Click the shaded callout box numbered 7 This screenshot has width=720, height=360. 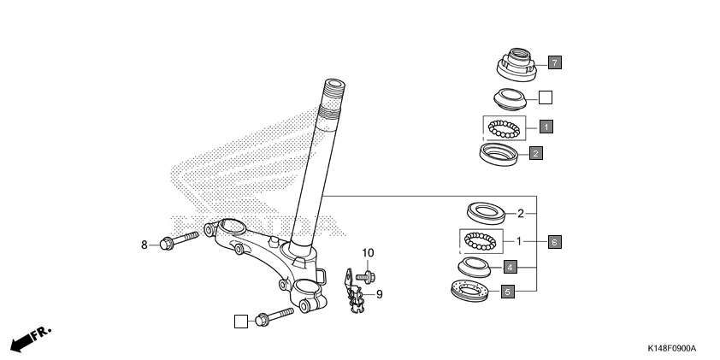(x=554, y=62)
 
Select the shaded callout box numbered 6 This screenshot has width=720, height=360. (x=554, y=242)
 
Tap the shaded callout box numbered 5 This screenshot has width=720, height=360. (x=507, y=292)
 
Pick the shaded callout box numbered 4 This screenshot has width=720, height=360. (x=508, y=267)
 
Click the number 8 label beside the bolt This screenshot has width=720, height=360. (x=145, y=245)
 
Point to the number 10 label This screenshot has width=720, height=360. (x=368, y=253)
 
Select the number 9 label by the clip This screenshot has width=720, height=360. (x=379, y=294)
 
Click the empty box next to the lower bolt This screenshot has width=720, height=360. (x=241, y=321)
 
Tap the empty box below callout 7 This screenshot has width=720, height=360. (x=546, y=97)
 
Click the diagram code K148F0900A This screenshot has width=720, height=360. (x=671, y=349)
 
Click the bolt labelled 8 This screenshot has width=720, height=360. (x=178, y=239)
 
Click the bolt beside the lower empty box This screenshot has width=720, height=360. (x=273, y=317)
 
